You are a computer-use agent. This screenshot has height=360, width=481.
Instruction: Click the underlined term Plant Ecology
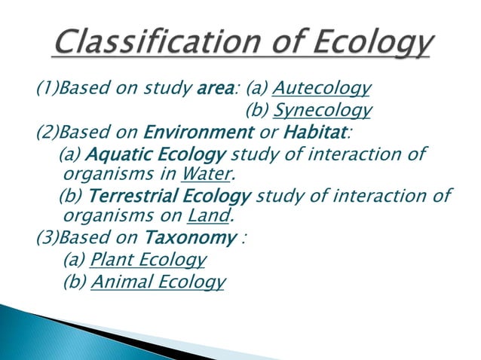[147, 261]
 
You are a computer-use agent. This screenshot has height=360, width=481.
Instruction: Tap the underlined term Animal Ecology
[158, 282]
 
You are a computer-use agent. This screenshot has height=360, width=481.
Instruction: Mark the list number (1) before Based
[47, 90]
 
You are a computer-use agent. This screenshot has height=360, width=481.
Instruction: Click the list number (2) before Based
[47, 133]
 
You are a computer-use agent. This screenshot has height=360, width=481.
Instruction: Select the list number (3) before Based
[47, 239]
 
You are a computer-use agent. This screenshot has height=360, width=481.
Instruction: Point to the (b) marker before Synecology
[258, 111]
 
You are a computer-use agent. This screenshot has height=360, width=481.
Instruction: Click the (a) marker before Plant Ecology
[75, 261]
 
